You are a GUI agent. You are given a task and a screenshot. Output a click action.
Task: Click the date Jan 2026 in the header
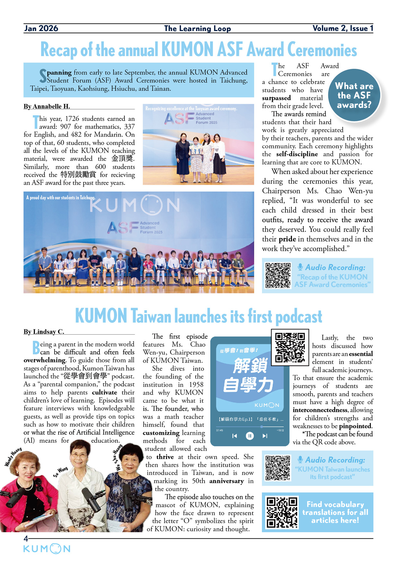point(41,29)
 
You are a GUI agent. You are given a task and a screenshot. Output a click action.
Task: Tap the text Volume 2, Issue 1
point(343,29)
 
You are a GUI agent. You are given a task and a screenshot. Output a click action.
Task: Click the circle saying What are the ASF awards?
point(354,95)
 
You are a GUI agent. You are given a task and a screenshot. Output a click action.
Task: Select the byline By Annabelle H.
point(47,107)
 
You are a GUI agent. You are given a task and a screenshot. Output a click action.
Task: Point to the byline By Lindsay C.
point(44,332)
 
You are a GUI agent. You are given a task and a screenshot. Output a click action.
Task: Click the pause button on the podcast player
point(250,436)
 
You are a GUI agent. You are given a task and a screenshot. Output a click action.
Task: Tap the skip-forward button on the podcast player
point(265,436)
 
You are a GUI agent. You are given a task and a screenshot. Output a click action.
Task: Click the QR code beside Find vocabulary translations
point(282,512)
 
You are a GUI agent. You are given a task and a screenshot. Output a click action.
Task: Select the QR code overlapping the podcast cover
point(290,347)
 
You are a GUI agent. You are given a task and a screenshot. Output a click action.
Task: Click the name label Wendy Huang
point(13,457)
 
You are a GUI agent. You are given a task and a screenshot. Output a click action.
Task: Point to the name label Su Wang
point(61,472)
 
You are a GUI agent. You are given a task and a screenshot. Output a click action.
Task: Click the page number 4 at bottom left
point(26,539)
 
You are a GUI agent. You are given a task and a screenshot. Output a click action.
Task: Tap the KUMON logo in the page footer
point(47,549)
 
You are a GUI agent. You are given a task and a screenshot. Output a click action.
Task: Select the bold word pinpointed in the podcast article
point(355,426)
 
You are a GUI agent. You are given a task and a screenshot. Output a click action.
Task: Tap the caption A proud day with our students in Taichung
point(61,198)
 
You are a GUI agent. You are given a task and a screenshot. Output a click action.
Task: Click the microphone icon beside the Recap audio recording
point(300,267)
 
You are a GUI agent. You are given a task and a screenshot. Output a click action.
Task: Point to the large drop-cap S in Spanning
point(43,76)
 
